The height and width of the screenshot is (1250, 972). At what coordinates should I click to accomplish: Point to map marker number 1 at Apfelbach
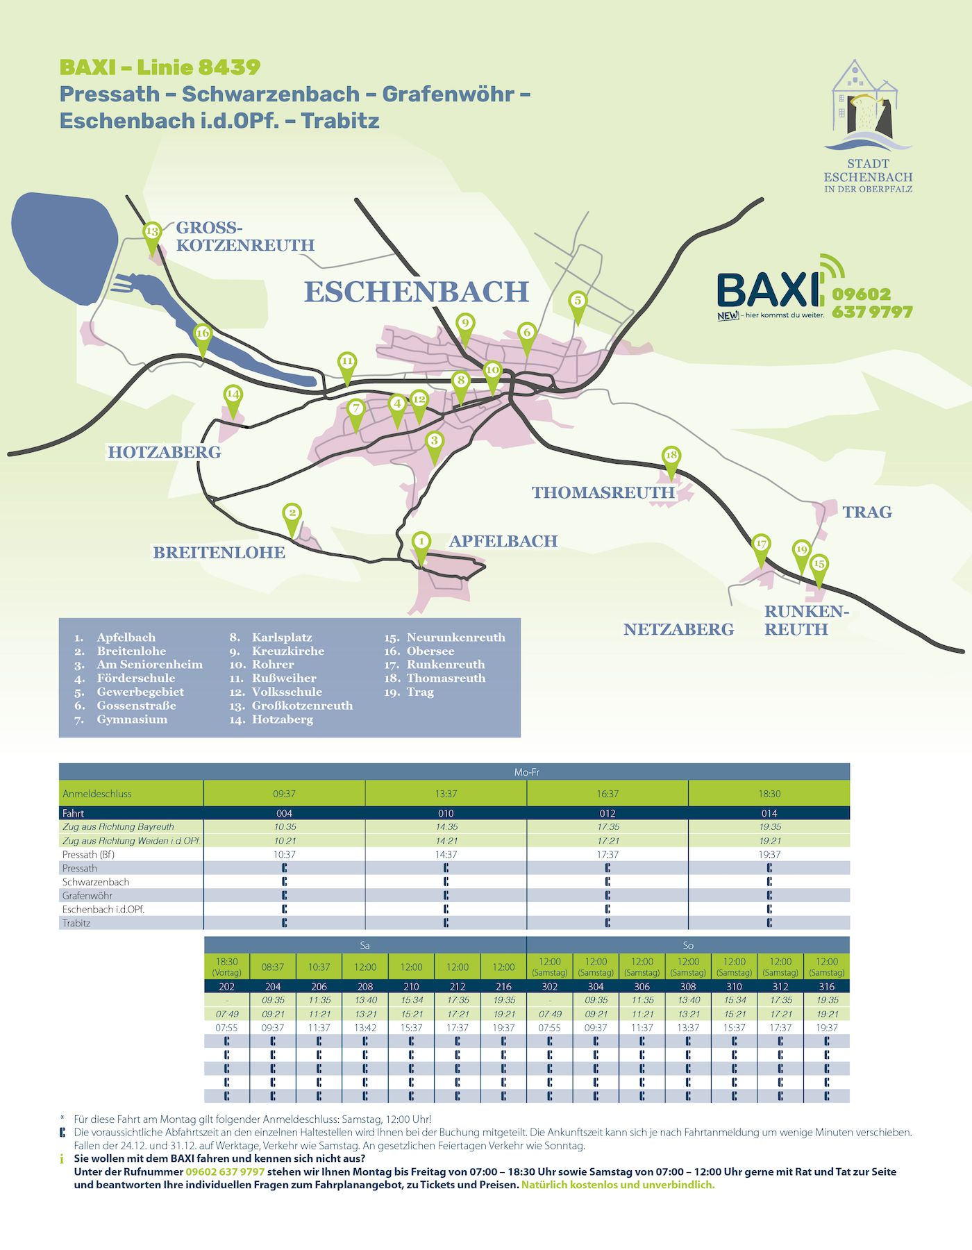(x=421, y=542)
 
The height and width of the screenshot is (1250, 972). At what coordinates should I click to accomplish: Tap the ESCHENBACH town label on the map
(x=417, y=292)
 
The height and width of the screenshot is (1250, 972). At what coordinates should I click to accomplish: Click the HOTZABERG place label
(x=164, y=452)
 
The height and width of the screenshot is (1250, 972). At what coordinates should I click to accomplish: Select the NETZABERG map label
(x=678, y=629)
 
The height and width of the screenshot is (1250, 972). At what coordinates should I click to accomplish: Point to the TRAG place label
(x=866, y=512)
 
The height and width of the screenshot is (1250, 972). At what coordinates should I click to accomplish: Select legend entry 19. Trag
(x=410, y=692)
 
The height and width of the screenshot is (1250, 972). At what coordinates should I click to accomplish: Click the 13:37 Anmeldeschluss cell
(x=446, y=794)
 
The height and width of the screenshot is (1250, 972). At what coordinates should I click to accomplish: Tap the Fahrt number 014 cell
(x=769, y=813)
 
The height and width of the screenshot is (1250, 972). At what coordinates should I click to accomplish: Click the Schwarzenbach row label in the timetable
(x=96, y=882)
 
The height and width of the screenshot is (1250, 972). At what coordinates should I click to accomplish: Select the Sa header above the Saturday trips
(x=365, y=945)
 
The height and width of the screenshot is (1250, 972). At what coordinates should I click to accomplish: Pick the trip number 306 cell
(x=642, y=986)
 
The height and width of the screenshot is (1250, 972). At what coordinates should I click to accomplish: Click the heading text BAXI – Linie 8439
(x=160, y=67)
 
